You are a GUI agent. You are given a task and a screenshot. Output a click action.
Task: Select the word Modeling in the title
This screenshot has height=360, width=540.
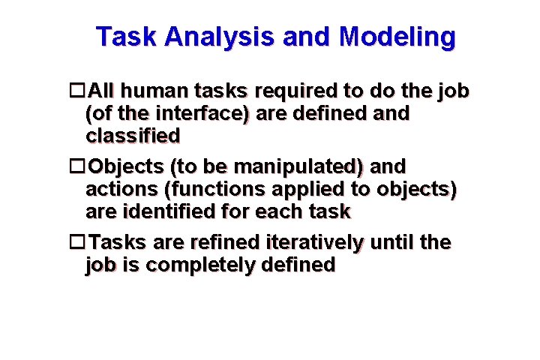(397, 36)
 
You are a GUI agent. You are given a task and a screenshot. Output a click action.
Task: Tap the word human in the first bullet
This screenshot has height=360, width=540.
(147, 91)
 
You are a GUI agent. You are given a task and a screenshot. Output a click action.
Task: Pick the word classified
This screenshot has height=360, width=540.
(133, 136)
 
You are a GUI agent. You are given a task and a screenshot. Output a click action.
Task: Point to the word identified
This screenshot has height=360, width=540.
(167, 211)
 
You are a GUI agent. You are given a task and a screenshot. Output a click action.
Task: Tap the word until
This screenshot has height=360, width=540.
(394, 242)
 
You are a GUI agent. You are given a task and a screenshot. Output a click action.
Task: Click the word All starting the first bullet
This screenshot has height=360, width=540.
(100, 91)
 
